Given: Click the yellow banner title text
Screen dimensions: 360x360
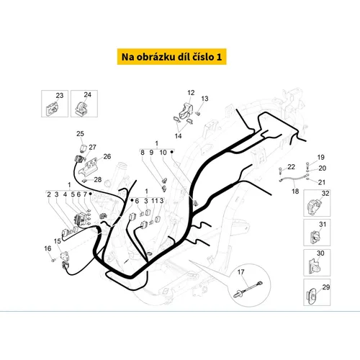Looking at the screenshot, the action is (x=171, y=57).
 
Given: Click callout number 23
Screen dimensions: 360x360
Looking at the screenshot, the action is (x=60, y=96).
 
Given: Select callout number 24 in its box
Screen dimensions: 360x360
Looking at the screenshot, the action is (x=87, y=95).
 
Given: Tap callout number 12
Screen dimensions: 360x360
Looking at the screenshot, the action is (x=191, y=93).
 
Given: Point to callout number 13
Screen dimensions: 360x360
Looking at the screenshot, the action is (x=204, y=99).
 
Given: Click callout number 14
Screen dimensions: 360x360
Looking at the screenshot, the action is (x=178, y=136).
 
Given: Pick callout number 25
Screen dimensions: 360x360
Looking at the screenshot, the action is (x=80, y=134).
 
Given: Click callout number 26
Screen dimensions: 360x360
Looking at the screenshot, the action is (x=107, y=157).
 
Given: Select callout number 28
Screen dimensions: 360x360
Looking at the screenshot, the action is (x=98, y=179).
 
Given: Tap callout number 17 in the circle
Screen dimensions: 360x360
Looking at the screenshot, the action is (x=240, y=272).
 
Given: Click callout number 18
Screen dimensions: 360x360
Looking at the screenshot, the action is (x=295, y=192).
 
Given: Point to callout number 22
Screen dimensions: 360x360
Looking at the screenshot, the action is (x=291, y=167).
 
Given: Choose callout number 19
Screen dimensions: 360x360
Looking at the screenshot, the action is (x=321, y=158).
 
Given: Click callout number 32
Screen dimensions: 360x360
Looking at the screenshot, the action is (x=325, y=194).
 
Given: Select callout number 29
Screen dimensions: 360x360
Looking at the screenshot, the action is (x=326, y=287).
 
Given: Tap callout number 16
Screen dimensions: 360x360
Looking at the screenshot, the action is (x=48, y=248).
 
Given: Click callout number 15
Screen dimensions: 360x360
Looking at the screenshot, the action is (x=58, y=241).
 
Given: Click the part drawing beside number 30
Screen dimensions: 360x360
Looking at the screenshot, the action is (x=312, y=266).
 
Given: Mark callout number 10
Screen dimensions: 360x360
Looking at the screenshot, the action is (x=163, y=153).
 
